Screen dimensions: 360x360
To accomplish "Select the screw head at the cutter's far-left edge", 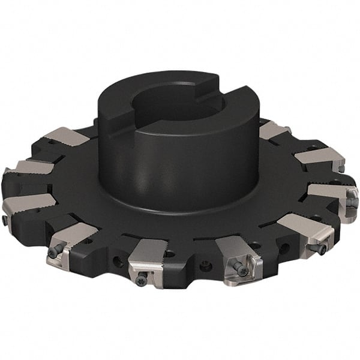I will pos(5,220).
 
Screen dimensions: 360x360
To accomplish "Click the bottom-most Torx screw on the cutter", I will pos(141,277).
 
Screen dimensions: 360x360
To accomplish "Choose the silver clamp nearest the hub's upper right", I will pos(274,130).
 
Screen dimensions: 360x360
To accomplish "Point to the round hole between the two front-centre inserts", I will pos(204,267).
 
